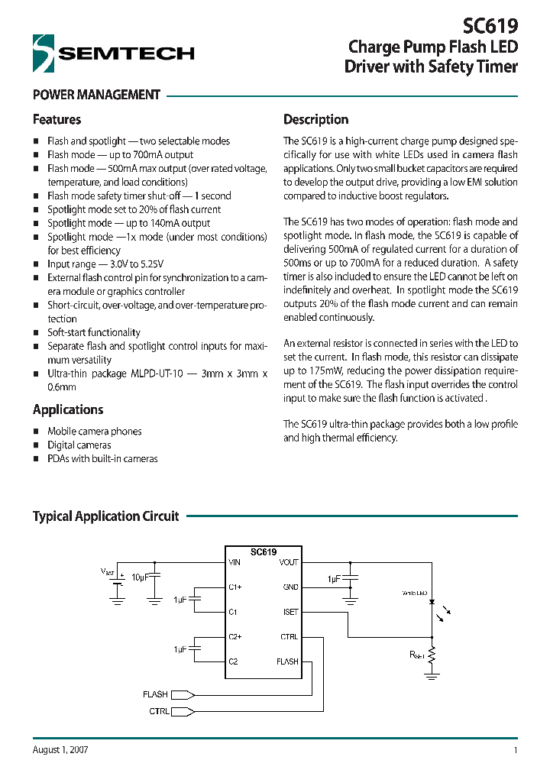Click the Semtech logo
tap(113, 53)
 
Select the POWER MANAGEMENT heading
tap(96, 95)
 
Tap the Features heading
tap(57, 120)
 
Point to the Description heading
tap(315, 120)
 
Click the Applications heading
tap(68, 409)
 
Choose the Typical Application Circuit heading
tap(105, 516)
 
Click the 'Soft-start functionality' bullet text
tap(94, 332)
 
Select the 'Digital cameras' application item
tap(79, 445)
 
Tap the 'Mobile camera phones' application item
tap(95, 431)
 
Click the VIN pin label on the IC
tap(235, 562)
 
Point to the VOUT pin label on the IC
tap(289, 562)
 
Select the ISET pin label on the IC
tap(290, 612)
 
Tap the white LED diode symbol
tap(433, 603)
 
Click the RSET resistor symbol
tap(433, 655)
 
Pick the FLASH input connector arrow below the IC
tap(183, 694)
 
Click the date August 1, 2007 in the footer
tap(60, 750)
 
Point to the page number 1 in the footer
tap(516, 750)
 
